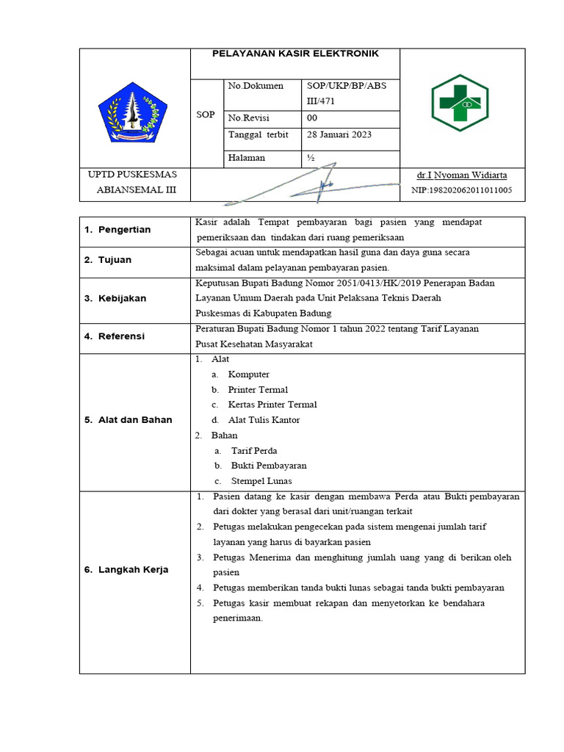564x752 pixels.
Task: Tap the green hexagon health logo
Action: click(x=459, y=103)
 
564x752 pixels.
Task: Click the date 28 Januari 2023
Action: click(x=339, y=134)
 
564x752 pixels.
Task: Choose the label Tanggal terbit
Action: click(x=258, y=134)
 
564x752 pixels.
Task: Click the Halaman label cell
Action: click(x=247, y=157)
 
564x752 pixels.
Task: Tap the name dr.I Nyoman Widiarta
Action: click(x=461, y=175)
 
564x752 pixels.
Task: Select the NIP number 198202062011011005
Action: click(x=461, y=191)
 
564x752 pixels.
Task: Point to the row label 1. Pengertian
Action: click(x=117, y=230)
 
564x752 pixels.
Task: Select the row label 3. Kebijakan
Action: click(x=115, y=298)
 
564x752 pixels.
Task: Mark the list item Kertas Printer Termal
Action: click(x=272, y=405)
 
